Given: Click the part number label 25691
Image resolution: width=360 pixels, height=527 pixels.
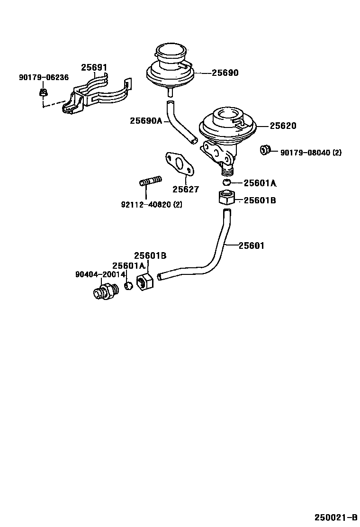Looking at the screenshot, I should pos(94,68).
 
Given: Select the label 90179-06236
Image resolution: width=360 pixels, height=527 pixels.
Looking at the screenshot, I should pos(44,78).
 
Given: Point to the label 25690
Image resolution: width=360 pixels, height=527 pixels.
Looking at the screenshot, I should pos(225,73).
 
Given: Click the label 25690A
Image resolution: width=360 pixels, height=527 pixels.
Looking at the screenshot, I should pos(146,121).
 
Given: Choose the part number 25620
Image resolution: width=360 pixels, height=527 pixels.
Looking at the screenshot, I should pos(283,126).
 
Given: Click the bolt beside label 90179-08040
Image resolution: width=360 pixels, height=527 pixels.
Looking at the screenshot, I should pos(264,151).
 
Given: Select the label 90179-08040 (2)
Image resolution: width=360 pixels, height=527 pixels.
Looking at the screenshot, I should pos(310,153).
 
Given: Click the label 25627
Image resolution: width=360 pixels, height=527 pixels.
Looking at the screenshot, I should pos(186,190).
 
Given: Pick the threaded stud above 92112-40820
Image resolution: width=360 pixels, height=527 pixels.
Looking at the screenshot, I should pos(150,181).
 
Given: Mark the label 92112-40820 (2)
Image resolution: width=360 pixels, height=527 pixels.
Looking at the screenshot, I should pos(152,205).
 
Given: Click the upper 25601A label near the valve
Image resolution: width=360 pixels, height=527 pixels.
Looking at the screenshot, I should pos(260,183).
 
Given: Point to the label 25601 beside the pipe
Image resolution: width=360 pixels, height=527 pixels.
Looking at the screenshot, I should pos(251,245).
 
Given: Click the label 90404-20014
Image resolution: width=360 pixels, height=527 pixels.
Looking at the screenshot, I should pos(100,275).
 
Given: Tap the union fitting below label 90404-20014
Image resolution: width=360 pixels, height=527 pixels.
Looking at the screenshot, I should pos(106,291).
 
